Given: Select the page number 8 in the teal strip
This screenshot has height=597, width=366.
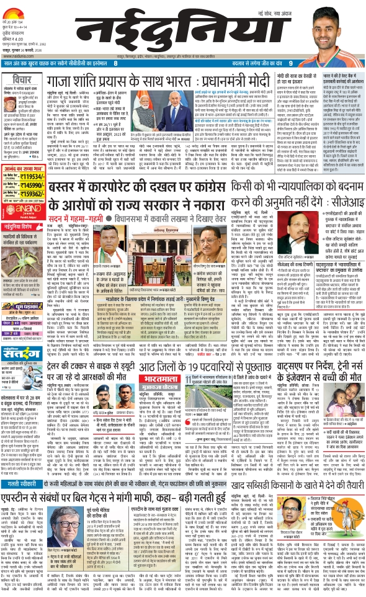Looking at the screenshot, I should (x=115, y=64).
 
